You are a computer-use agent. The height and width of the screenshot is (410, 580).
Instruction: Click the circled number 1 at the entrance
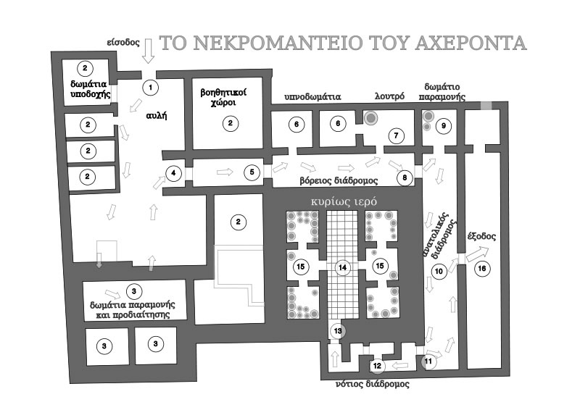151,88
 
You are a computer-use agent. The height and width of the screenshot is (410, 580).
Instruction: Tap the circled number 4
173,173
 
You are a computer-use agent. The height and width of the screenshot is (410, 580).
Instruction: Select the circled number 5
252,172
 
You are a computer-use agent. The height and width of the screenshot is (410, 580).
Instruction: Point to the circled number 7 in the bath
396,135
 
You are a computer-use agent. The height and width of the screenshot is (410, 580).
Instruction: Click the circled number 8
405,177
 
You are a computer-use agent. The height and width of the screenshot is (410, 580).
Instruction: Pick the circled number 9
444,126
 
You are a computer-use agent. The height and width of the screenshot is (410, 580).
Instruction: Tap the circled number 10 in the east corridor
439,272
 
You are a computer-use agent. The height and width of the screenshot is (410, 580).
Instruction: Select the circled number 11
428,361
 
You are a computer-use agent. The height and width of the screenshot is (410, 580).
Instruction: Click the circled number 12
377,366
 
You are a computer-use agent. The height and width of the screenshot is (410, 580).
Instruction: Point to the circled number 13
338,330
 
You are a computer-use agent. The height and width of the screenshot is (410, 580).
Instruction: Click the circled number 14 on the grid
342,267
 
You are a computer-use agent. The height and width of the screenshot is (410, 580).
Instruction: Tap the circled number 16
482,268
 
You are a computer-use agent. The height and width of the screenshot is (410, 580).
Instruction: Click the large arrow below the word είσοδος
149,51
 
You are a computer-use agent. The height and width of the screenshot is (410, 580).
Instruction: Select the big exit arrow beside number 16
477,254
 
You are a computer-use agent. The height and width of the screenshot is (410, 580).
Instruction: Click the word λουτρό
389,96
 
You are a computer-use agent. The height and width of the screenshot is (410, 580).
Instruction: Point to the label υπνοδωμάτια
312,97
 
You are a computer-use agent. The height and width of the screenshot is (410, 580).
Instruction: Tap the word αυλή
157,116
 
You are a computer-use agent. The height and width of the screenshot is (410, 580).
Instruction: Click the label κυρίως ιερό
344,202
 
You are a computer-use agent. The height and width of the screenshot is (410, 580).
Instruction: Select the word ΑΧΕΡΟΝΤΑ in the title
471,43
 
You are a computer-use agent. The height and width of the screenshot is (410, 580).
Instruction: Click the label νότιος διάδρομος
372,384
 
